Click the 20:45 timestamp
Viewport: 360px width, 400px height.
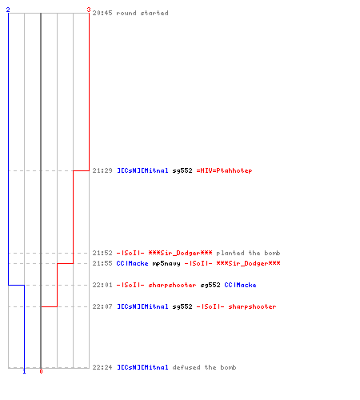[102, 13]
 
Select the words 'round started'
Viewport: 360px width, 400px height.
[142, 13]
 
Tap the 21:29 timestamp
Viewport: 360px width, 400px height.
[102, 170]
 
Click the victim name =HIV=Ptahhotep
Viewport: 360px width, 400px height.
[224, 170]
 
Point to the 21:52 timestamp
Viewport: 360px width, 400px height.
[102, 253]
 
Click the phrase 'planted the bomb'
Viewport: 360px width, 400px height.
[248, 253]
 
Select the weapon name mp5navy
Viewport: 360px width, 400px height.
[166, 264]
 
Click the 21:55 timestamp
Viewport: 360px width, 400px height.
[102, 263]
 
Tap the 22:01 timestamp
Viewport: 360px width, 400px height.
[102, 285]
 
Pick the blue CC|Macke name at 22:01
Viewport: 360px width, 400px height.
[240, 285]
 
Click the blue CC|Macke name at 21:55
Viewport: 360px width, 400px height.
[132, 263]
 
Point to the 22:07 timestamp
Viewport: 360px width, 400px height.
[102, 306]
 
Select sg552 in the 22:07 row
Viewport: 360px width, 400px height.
[182, 306]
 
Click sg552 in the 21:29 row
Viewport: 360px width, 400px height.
[182, 170]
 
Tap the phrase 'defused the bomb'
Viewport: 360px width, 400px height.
[204, 367]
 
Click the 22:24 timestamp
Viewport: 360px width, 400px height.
[102, 367]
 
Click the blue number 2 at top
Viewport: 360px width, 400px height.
[8, 10]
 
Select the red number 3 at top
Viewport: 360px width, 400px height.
[89, 10]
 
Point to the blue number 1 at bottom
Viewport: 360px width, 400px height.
[24, 371]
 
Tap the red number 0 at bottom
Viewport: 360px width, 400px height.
[41, 371]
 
